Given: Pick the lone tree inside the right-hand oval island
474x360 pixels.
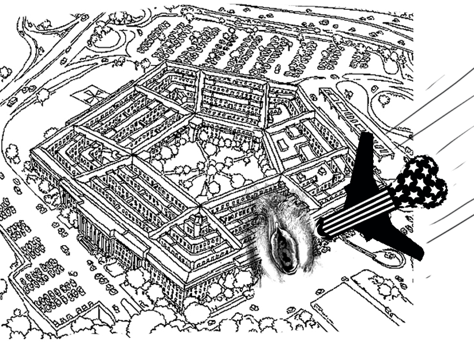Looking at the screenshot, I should point(383,100).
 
